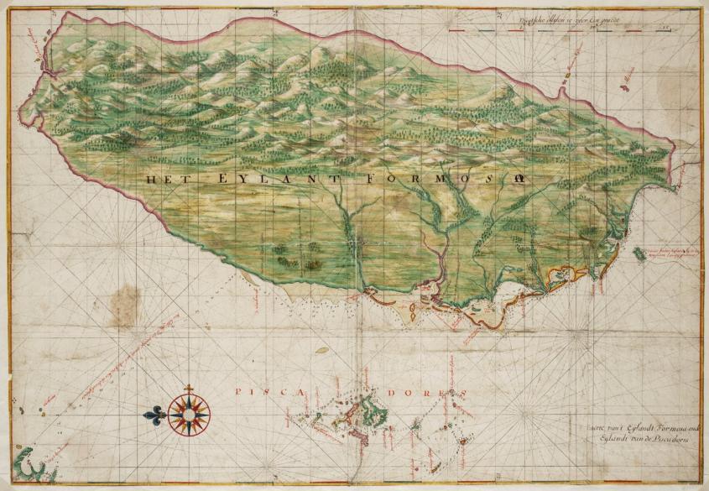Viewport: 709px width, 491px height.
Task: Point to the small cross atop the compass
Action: (190, 388)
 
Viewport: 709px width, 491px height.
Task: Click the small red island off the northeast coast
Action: (624, 81)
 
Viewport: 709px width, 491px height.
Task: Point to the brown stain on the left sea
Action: (127, 301)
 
